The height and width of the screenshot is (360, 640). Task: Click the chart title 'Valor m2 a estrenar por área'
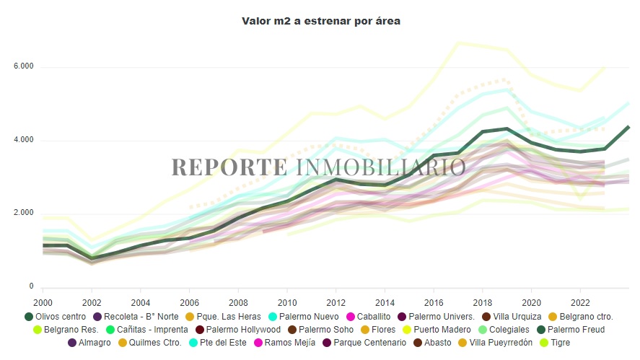click(321, 22)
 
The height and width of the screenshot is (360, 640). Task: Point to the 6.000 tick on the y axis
click(23, 67)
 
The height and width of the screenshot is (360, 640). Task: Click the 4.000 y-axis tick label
click(23, 140)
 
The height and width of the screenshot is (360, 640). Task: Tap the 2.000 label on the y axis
click(23, 214)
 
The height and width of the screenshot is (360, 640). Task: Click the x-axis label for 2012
click(335, 302)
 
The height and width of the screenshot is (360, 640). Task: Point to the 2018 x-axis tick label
click(482, 302)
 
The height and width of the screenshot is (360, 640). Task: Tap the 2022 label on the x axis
click(580, 302)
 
